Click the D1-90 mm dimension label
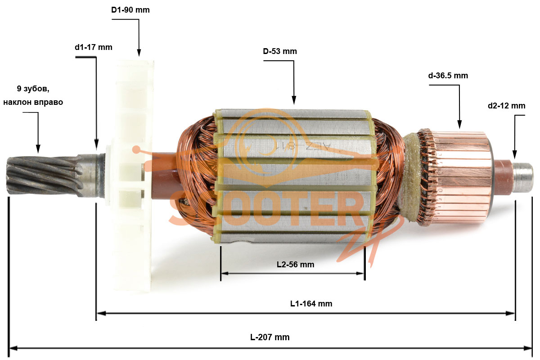click(x=130, y=10)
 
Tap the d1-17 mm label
click(x=94, y=47)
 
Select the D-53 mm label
click(x=280, y=51)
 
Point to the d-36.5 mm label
click(x=448, y=76)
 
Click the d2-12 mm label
click(x=507, y=106)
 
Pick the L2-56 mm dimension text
click(x=296, y=265)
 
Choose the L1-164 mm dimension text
click(x=311, y=304)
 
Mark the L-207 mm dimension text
click(x=270, y=337)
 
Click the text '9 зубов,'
click(x=33, y=89)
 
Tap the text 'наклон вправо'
click(x=33, y=102)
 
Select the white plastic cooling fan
click(x=131, y=176)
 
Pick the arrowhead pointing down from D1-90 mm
click(x=139, y=52)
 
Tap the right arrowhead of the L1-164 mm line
click(x=511, y=314)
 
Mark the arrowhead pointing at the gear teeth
click(x=38, y=149)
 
